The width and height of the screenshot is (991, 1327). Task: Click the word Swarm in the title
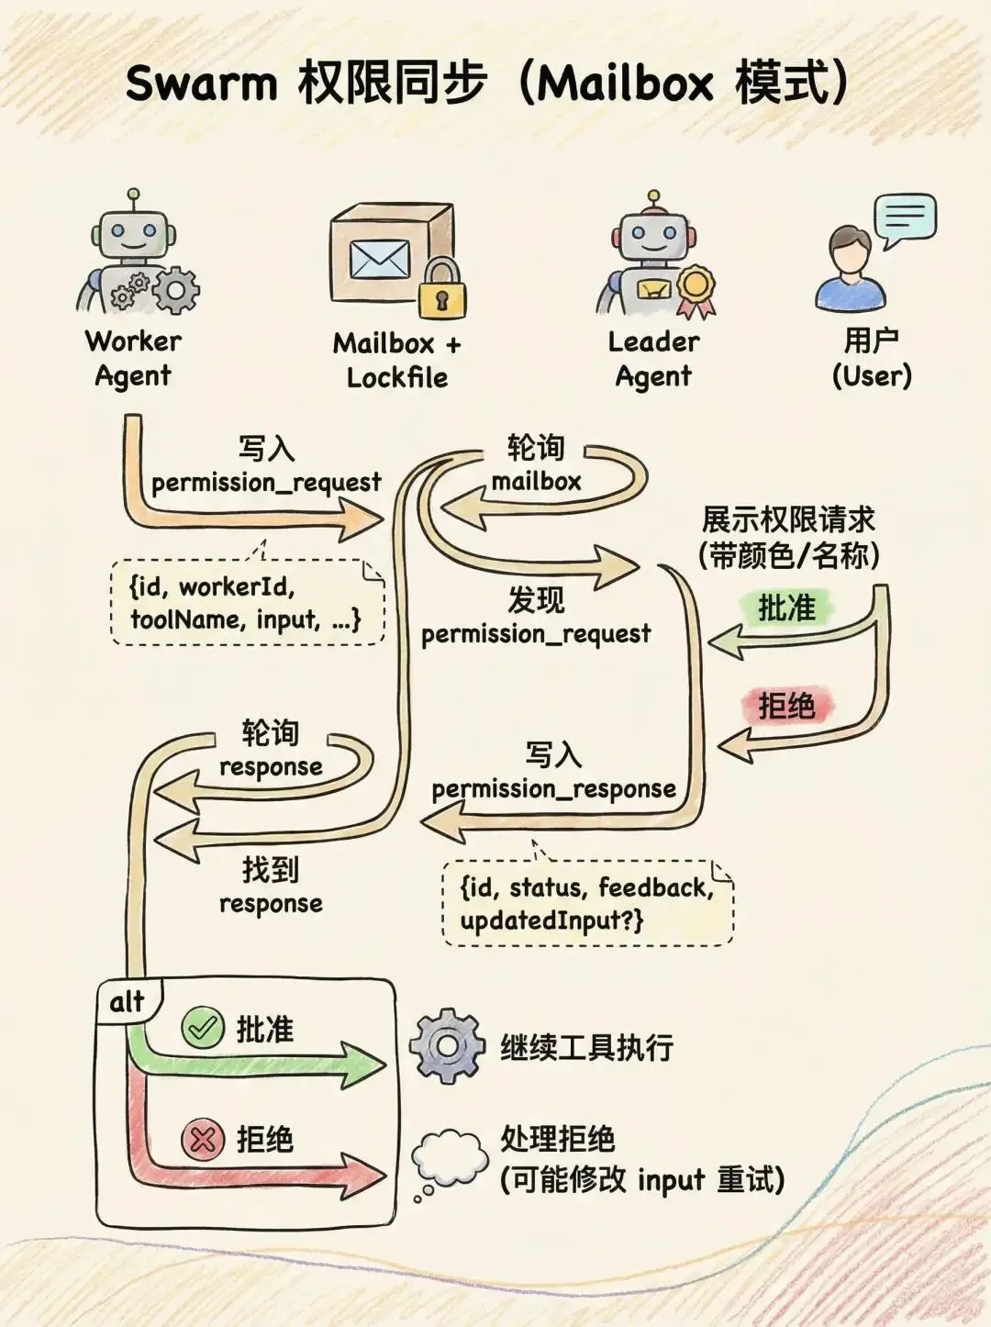tap(201, 84)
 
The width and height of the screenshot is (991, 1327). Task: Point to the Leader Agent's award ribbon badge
tap(696, 288)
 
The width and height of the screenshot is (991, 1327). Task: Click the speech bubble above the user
tap(905, 218)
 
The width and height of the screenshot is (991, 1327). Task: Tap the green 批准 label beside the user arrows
tap(786, 608)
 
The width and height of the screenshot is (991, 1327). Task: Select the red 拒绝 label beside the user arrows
tap(786, 706)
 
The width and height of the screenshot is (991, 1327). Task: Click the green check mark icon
tap(202, 1028)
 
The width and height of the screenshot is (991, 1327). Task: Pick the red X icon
tap(202, 1140)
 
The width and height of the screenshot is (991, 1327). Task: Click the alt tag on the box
tap(128, 1001)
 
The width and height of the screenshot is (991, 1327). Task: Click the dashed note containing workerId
tap(246, 603)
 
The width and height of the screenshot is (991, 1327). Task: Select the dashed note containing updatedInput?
tap(587, 903)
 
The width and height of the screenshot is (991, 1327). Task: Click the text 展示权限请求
tap(788, 519)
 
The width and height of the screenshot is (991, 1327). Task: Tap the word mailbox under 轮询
tap(536, 481)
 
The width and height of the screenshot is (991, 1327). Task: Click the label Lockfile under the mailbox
tap(396, 377)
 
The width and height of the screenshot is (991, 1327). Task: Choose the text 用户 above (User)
tap(871, 340)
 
